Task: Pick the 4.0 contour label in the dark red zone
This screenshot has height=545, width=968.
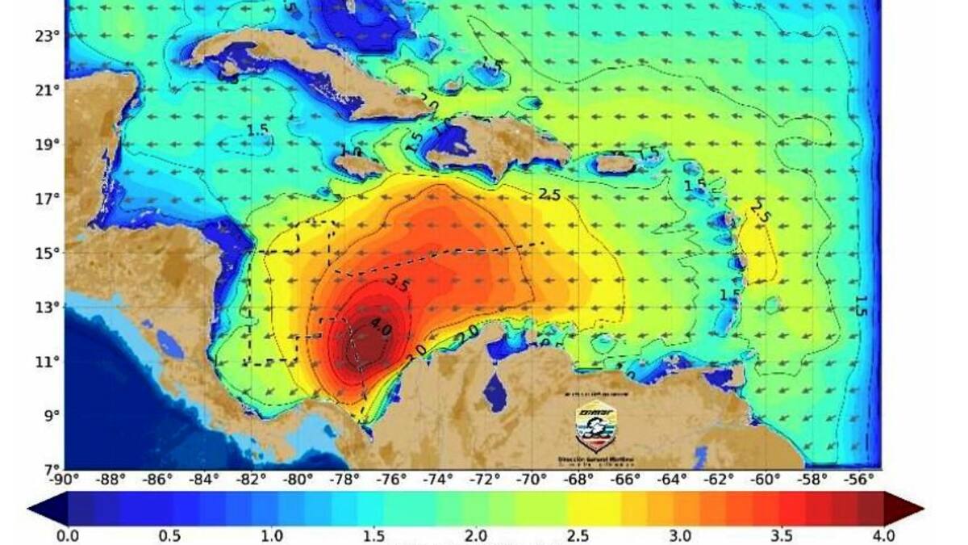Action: click(x=380, y=329)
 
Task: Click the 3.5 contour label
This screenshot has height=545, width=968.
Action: click(x=398, y=283)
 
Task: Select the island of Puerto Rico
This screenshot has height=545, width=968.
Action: click(x=615, y=163)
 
